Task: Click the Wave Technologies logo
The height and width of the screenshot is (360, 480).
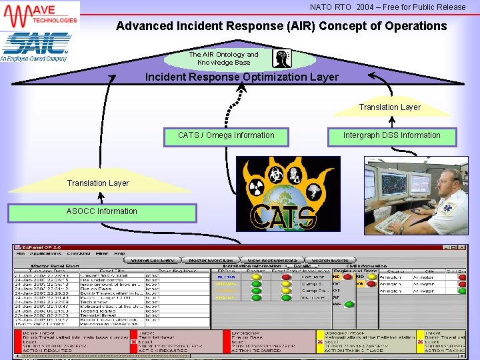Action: (x=40, y=15)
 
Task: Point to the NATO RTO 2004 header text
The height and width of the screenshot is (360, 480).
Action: (x=387, y=7)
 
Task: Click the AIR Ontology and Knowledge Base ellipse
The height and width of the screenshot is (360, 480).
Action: (x=223, y=59)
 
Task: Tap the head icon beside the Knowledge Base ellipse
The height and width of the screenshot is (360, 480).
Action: (x=282, y=59)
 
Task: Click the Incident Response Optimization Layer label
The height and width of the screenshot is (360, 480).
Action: (x=241, y=77)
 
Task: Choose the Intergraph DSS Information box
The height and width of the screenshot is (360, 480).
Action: (x=391, y=136)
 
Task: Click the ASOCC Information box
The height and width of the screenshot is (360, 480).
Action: (x=101, y=212)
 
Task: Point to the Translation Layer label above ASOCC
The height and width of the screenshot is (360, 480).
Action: (x=97, y=183)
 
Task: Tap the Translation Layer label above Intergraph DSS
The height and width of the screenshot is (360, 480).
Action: (x=389, y=107)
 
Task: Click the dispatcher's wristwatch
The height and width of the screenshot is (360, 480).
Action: (x=401, y=228)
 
